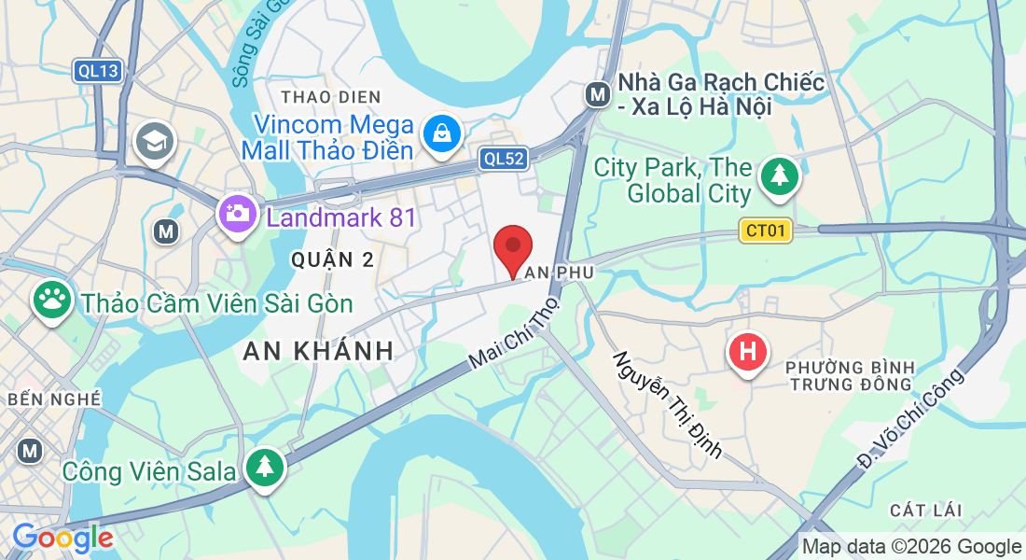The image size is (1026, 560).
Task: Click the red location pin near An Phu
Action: coord(513,247)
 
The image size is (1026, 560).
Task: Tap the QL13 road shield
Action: coord(97,70)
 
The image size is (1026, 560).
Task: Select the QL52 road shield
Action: coord(503,159)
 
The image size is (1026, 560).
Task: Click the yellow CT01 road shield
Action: coord(765,231)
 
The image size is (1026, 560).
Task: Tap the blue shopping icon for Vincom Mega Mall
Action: coord(440,133)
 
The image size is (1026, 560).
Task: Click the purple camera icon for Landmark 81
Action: coord(238,214)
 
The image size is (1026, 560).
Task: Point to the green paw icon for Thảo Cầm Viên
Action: coord(51,300)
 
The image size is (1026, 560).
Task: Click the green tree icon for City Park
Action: coord(777,175)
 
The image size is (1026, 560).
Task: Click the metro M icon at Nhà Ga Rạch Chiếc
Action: coord(597,93)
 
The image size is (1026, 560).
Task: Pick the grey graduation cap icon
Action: coord(151,142)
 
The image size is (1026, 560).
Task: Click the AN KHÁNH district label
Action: coord(317,351)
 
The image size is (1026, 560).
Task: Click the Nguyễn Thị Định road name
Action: coord(667,404)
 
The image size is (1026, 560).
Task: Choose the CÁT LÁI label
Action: coord(925,510)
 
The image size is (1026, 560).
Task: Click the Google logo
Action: coord(62,538)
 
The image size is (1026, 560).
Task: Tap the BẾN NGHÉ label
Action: coord(53,399)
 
